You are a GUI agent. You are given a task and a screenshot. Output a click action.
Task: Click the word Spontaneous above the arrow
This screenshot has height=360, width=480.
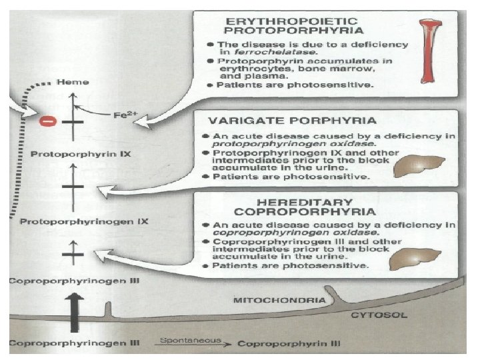(x=181, y=339)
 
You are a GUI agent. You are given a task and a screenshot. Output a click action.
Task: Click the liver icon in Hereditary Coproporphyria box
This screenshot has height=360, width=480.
(x=417, y=257)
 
